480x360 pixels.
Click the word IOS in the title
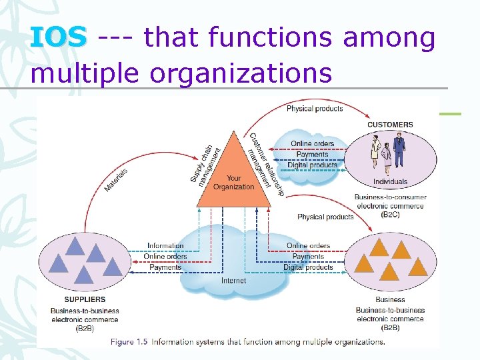point(58,38)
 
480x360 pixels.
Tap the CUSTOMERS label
point(390,125)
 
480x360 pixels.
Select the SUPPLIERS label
point(76,299)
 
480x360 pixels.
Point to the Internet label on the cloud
point(234,280)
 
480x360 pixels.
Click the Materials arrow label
point(117,179)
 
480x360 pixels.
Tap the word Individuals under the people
point(390,181)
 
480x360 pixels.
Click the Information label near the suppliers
point(165,246)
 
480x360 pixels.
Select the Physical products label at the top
point(315,109)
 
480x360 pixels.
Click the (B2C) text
point(390,215)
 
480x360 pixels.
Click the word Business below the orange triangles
point(390,299)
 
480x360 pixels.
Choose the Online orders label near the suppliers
point(165,257)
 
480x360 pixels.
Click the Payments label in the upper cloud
point(313,155)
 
